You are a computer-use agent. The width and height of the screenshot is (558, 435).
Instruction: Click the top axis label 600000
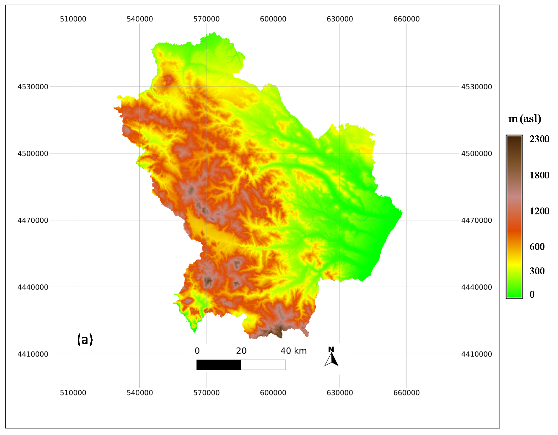point(273,19)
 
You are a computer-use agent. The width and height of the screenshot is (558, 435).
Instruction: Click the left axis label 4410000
point(33,354)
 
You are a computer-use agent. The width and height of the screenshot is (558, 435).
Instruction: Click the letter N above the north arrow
point(331,349)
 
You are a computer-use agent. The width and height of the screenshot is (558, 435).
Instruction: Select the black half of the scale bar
point(219,365)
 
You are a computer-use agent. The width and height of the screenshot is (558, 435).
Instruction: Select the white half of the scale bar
point(263,365)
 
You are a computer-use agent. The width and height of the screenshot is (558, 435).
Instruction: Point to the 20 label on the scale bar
point(241,351)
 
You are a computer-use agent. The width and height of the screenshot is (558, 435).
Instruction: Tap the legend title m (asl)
point(524,119)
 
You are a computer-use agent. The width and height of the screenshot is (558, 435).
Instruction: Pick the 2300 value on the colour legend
point(539,139)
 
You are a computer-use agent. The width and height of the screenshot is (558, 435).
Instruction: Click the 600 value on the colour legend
point(537,246)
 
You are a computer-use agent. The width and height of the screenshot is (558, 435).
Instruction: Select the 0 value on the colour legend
point(532,294)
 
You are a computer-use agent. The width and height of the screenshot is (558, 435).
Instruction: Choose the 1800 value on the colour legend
point(539,175)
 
